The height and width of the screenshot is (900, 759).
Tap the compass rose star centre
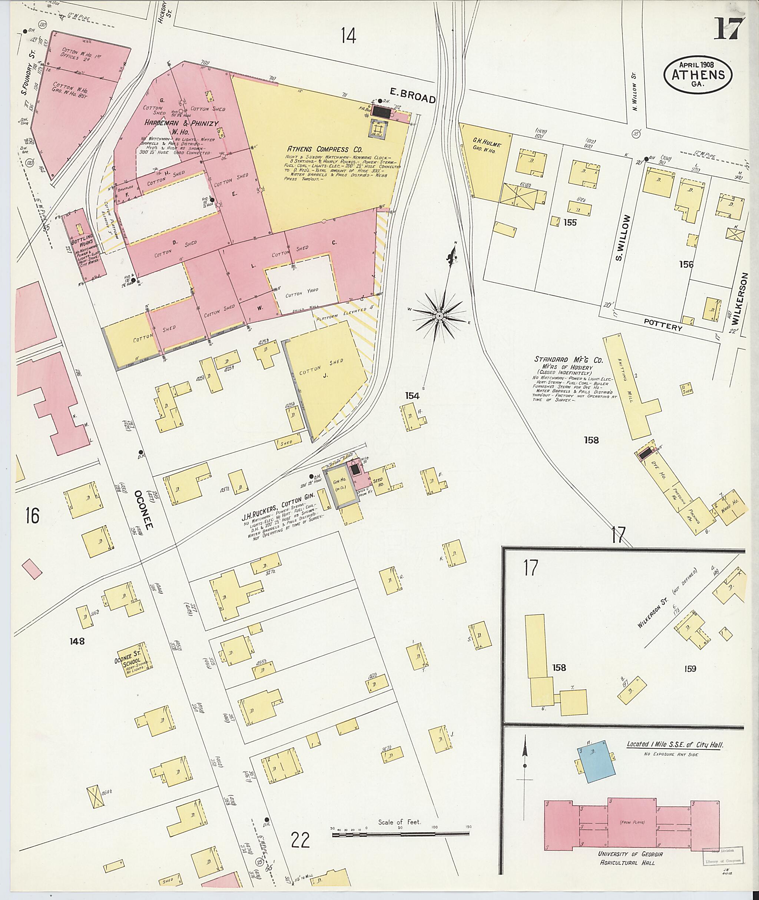point(439,316)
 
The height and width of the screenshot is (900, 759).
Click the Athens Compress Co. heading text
point(318,149)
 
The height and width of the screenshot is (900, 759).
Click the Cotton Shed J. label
point(327,368)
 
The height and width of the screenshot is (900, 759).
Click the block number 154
point(412,395)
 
